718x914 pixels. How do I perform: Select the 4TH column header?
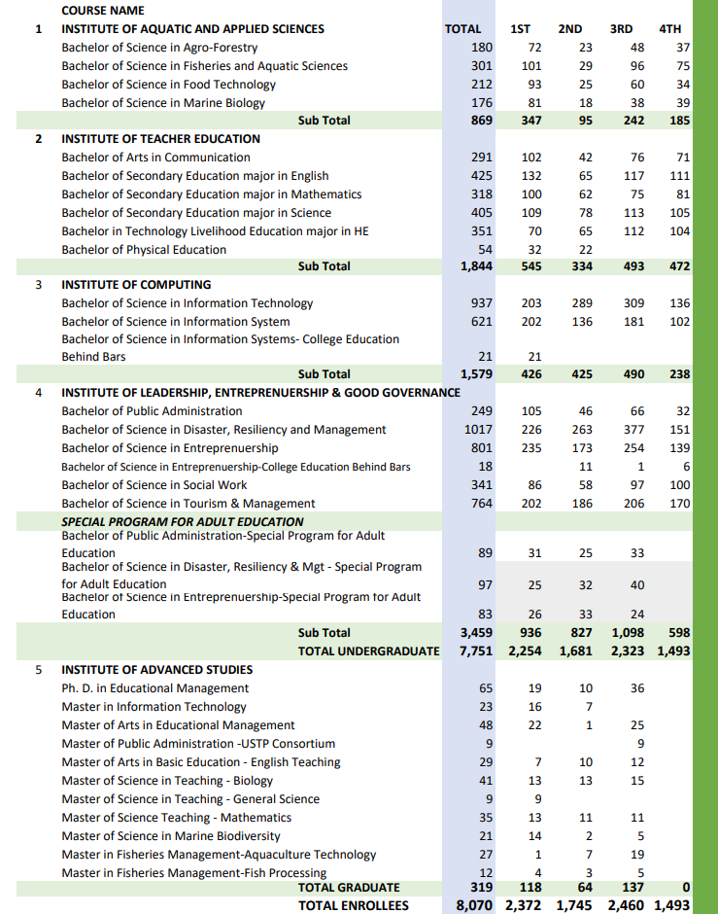click(669, 29)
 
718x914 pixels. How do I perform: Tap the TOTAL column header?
click(462, 29)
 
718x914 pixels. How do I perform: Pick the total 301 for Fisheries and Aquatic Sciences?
click(481, 66)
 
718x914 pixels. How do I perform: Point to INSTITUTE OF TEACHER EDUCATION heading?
click(161, 139)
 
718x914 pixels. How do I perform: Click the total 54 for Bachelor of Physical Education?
click(486, 250)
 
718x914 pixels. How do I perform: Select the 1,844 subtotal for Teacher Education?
click(476, 266)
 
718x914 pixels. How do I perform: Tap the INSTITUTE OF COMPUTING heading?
click(136, 285)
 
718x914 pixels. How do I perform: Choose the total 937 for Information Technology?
click(481, 303)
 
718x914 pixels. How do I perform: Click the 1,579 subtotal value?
click(476, 374)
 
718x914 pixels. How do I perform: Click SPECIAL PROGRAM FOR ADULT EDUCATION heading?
click(183, 522)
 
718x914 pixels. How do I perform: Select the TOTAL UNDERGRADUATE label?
click(368, 650)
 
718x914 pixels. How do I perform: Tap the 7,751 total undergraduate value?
click(476, 650)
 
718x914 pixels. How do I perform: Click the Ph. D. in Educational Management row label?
click(155, 688)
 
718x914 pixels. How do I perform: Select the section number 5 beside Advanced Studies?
click(39, 670)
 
